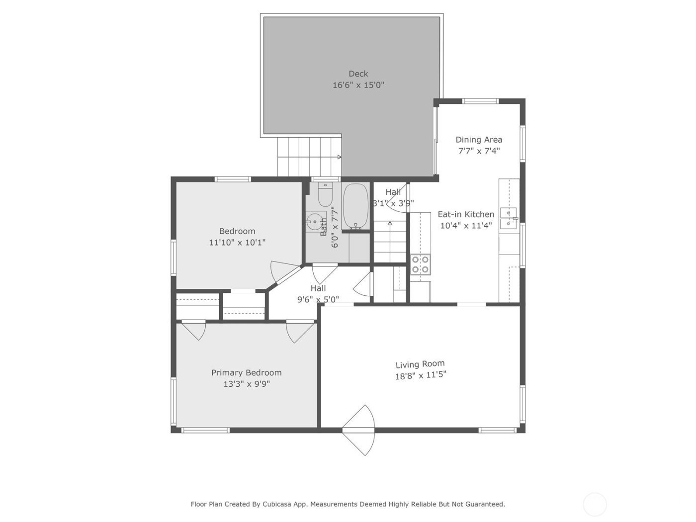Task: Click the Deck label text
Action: [x=358, y=74]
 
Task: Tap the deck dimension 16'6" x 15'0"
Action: [x=358, y=85]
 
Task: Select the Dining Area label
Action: [x=479, y=140]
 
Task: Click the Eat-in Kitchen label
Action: [x=466, y=214]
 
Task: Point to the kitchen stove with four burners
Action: [x=420, y=264]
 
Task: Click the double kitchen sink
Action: [x=508, y=218]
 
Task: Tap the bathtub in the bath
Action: [x=355, y=206]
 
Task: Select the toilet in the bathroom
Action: [x=325, y=195]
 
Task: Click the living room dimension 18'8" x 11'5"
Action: [x=421, y=375]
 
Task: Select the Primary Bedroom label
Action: [x=246, y=373]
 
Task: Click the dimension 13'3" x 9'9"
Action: [x=247, y=384]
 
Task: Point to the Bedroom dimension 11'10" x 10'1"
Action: [x=237, y=243]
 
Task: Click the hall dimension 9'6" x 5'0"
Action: [x=318, y=299]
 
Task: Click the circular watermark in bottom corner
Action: [x=595, y=504]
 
